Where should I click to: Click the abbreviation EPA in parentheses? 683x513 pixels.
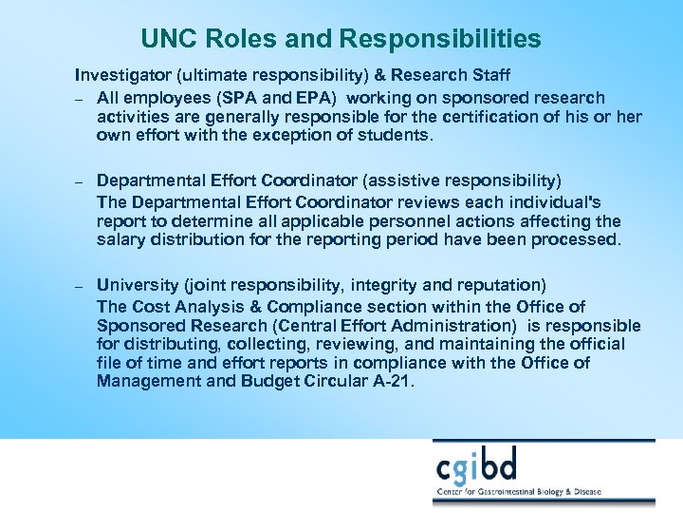click(310, 97)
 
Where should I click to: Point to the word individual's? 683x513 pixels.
click(550, 201)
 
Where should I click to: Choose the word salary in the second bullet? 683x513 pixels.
click(120, 239)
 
